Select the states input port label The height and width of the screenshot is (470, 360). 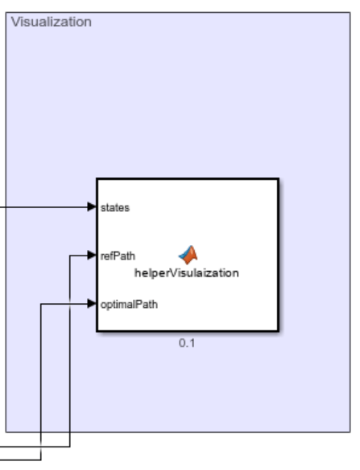tap(116, 207)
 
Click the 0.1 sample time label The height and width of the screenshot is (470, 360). tap(187, 343)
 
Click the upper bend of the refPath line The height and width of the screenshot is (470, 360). tap(71, 256)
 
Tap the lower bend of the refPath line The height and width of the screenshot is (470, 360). tap(71, 446)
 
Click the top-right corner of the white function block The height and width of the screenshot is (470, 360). tap(279, 179)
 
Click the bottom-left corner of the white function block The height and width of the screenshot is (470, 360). tap(97, 331)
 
